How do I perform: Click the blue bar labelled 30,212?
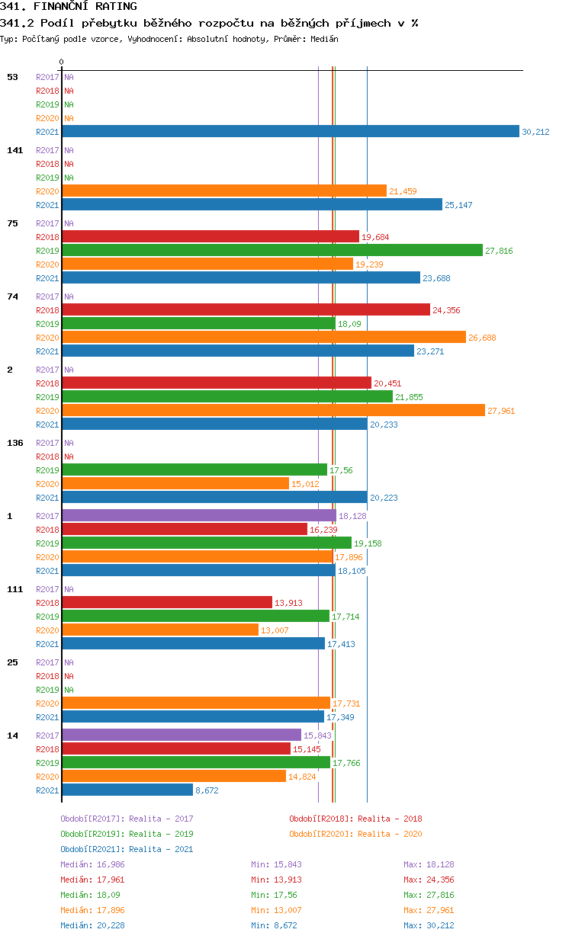point(290,132)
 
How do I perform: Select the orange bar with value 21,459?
point(224,191)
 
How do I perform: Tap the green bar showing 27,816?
point(272,250)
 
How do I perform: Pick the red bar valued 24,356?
point(246,309)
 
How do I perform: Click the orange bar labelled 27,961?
point(273,410)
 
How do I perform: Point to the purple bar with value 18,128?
point(198,515)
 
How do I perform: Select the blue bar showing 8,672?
point(127,790)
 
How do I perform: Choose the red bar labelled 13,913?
point(166,602)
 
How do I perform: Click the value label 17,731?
point(346,703)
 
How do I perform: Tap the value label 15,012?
point(305,484)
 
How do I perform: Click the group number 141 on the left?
point(15,150)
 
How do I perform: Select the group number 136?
point(15,443)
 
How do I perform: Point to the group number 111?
point(15,589)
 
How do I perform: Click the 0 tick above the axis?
point(62,62)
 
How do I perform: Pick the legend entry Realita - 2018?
point(355,819)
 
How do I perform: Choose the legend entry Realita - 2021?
point(127,849)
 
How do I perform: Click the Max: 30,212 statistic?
point(429,925)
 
